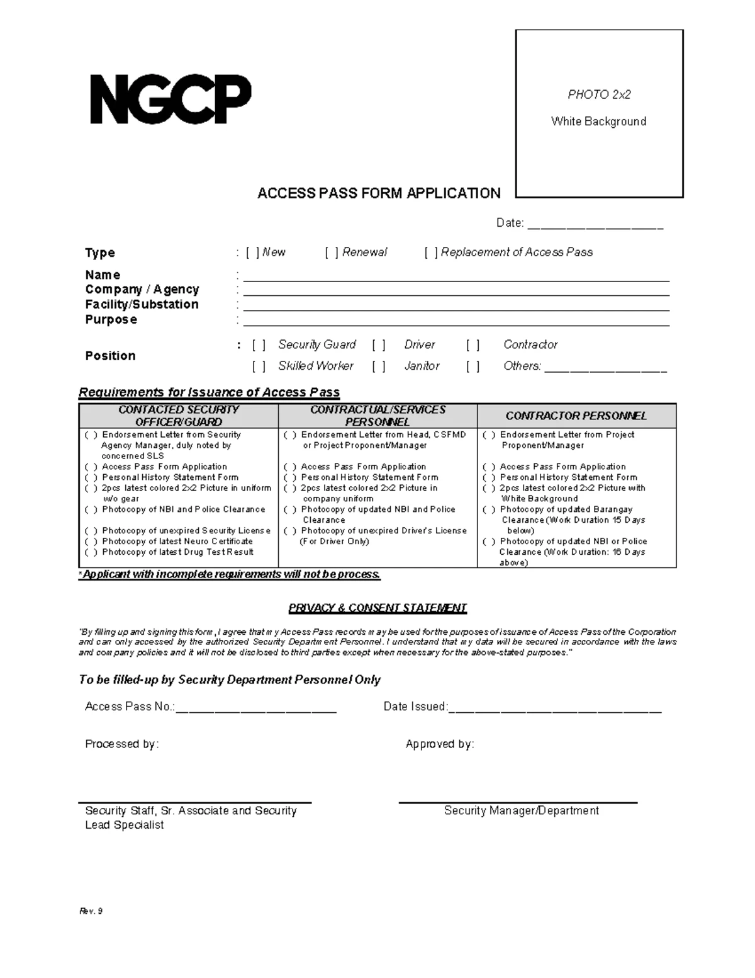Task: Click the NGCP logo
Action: coord(171,100)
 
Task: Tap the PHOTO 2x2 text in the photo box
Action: coord(598,94)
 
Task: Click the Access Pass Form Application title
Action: coord(379,193)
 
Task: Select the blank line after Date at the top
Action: coord(595,224)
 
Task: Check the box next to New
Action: coord(252,253)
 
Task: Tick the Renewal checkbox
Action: coord(332,253)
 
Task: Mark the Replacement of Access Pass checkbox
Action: coord(431,253)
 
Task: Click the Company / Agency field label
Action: coord(142,290)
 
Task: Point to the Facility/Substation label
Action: coord(142,305)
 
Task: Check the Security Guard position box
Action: coord(259,345)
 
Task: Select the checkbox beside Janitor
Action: coord(378,367)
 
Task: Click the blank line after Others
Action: coord(605,368)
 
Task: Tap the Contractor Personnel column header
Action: coord(576,416)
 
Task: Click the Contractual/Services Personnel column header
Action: coord(377,416)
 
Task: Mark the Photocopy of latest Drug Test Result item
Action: coord(91,552)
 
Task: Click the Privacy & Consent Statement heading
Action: coord(377,608)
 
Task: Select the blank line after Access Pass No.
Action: coord(256,708)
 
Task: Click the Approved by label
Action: coord(440,744)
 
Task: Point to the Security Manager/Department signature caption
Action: coord(521,811)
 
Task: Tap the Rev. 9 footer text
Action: coord(91,911)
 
